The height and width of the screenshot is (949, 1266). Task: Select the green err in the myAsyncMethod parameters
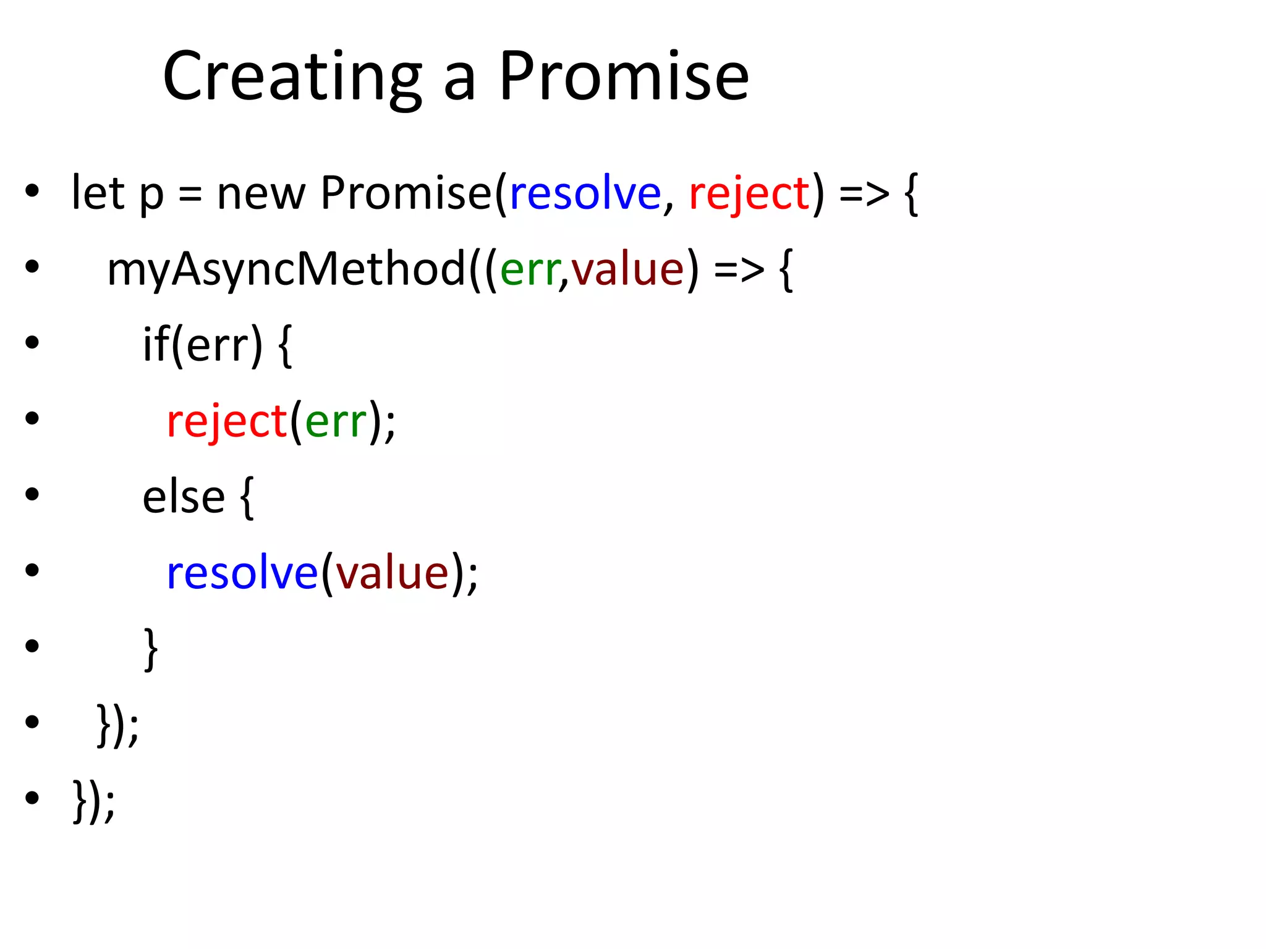coord(529,270)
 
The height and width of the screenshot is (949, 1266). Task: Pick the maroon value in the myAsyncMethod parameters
coord(627,270)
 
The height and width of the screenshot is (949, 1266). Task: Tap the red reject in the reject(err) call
coord(226,421)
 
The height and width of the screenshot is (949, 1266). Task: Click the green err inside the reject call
coord(336,421)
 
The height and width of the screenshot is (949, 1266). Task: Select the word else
coord(184,497)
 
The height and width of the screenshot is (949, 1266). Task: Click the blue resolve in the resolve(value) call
coord(242,573)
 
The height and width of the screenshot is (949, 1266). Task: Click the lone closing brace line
coord(150,649)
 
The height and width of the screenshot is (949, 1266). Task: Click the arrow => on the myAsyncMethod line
coord(739,270)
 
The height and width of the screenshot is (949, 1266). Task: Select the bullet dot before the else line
coord(32,494)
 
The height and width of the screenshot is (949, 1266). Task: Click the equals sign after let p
coord(190,195)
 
